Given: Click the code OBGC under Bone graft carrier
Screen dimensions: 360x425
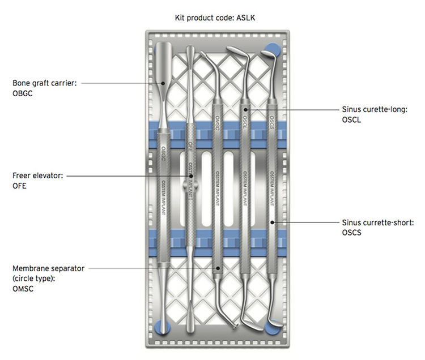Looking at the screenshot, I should (23, 93).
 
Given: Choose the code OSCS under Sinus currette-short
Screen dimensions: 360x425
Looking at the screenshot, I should (354, 232).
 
